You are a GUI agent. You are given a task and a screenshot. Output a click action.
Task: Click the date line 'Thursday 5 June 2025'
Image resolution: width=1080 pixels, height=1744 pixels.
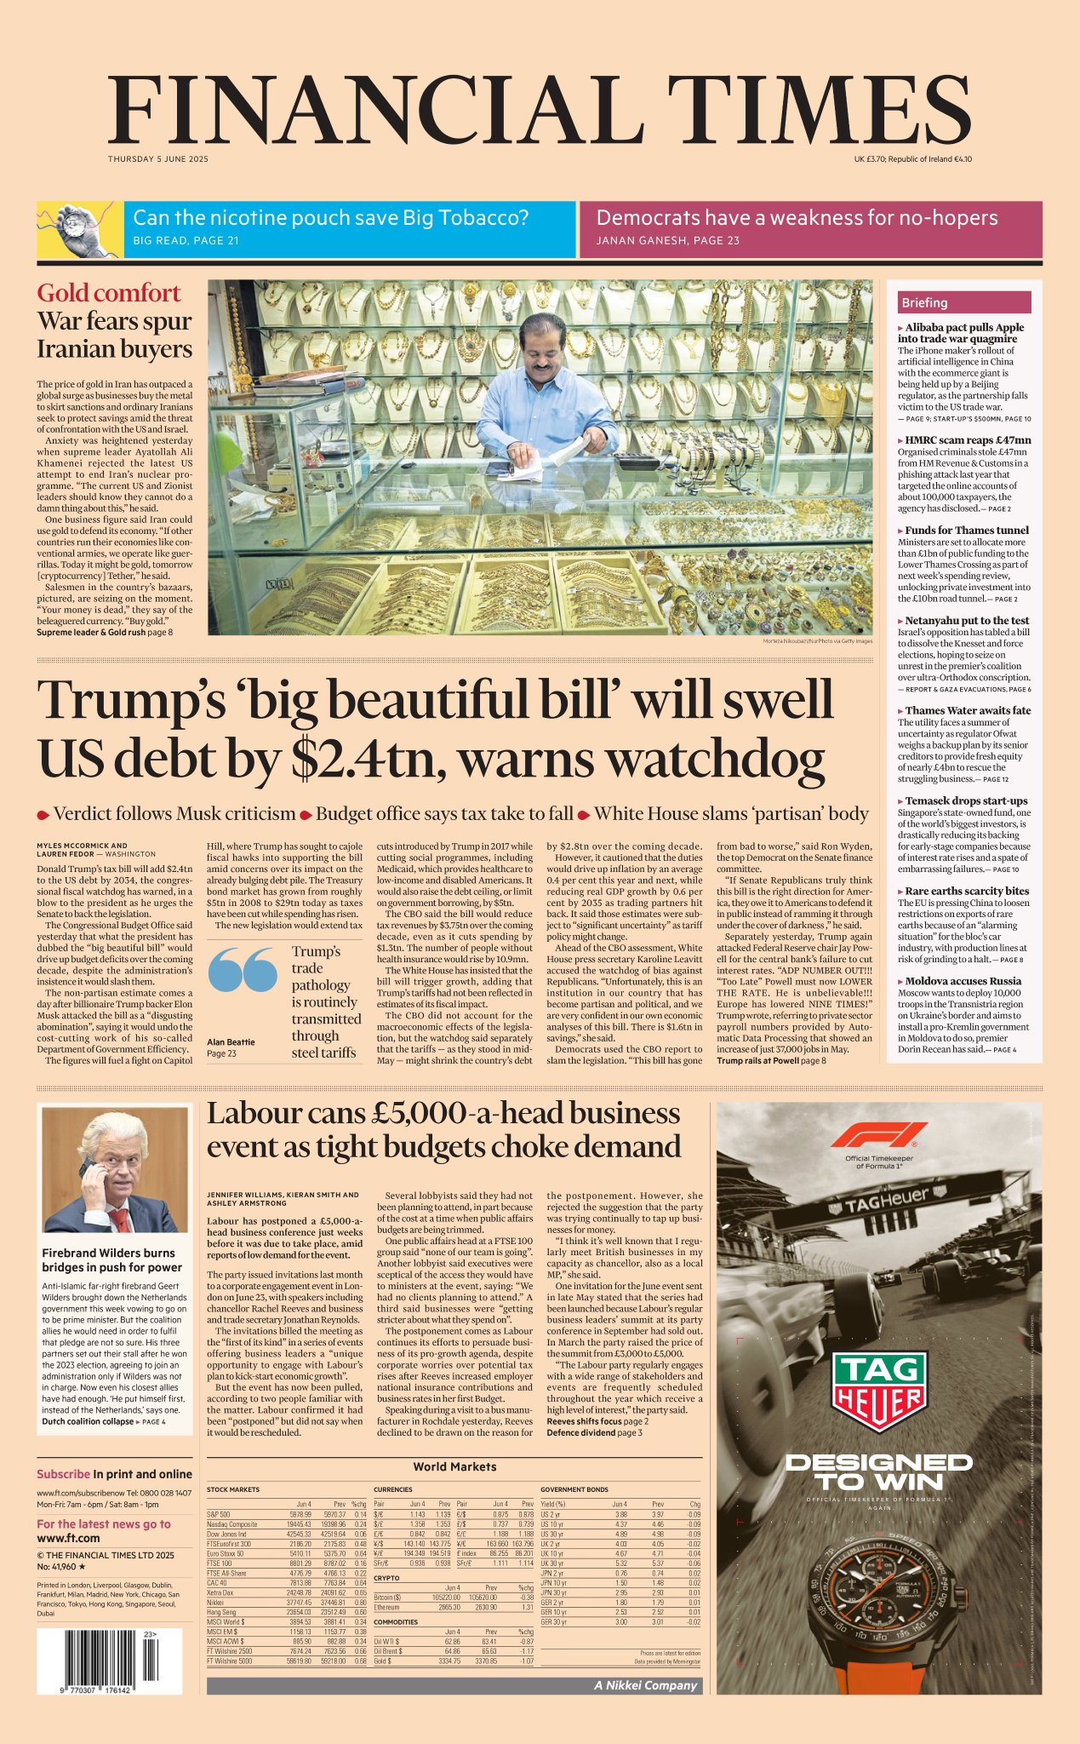click(x=157, y=159)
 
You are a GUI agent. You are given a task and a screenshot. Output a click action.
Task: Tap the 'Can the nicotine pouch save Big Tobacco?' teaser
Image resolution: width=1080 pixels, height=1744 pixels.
click(x=331, y=219)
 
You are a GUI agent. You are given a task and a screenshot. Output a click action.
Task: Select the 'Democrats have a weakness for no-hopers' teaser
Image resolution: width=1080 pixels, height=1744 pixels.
click(x=797, y=219)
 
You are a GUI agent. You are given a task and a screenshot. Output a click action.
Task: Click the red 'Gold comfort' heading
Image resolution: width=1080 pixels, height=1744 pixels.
click(x=109, y=293)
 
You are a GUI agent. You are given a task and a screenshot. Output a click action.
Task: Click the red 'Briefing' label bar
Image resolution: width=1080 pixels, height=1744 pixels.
click(x=964, y=302)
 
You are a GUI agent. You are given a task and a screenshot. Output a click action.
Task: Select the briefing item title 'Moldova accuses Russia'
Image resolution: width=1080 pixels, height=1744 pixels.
click(x=963, y=981)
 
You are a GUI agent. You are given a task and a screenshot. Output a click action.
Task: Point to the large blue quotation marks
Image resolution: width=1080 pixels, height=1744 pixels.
click(x=243, y=969)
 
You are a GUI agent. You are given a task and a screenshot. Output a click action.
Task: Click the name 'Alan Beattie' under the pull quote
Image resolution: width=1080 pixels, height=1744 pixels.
click(x=231, y=1041)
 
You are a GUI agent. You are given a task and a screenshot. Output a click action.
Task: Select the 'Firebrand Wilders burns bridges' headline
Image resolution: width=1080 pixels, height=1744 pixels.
click(x=108, y=1259)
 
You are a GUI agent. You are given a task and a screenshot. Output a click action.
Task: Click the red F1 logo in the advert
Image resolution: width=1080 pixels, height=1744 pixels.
click(x=879, y=1135)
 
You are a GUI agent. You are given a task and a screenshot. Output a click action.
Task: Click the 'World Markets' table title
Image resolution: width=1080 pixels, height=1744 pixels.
click(x=454, y=1466)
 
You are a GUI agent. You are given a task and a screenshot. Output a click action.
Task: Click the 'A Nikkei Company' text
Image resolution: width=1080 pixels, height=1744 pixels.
click(x=646, y=1685)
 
